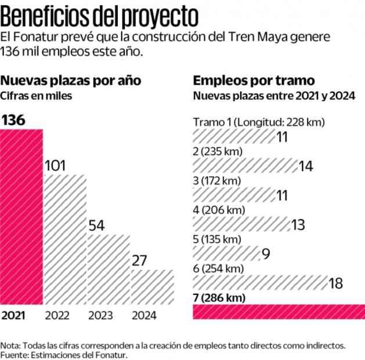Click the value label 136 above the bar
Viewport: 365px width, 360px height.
[x=15, y=120]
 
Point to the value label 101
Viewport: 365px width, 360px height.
[x=55, y=165]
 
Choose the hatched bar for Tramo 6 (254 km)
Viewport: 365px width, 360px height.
[x=259, y=283]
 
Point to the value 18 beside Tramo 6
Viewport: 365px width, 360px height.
[x=336, y=283]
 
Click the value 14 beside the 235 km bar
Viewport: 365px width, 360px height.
[x=306, y=166]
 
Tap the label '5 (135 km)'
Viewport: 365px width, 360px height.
[x=216, y=239]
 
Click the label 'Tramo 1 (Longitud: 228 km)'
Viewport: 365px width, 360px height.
[x=259, y=122]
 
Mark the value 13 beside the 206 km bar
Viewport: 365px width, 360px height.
[x=298, y=225]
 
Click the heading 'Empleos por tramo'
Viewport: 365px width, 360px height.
[x=254, y=80]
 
